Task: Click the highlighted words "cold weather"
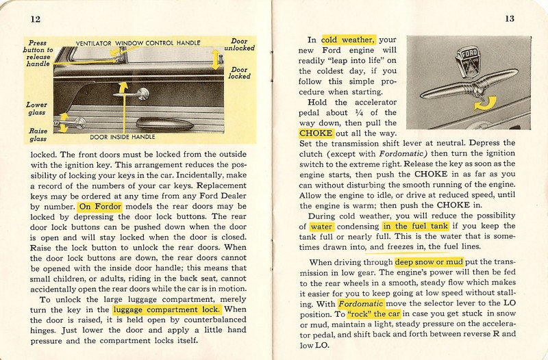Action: (x=347, y=39)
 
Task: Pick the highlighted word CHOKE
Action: (x=315, y=133)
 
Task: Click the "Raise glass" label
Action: (x=38, y=133)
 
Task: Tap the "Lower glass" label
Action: (x=38, y=108)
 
